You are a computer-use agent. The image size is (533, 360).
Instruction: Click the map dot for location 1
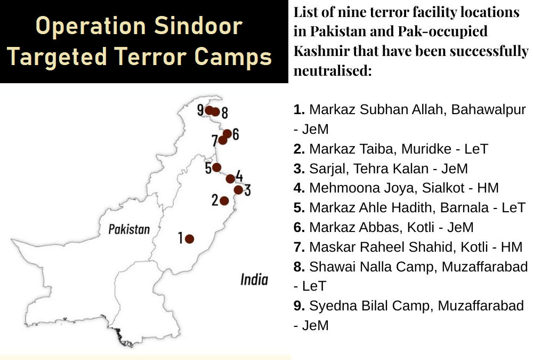pyautogui.click(x=190, y=239)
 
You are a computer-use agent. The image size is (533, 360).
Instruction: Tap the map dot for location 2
pyautogui.click(x=224, y=201)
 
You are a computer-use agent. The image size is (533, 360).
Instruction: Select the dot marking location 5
pyautogui.click(x=216, y=167)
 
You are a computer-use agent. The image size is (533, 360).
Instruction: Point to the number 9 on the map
pyautogui.click(x=200, y=110)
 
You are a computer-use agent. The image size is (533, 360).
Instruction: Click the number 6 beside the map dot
pyautogui.click(x=236, y=134)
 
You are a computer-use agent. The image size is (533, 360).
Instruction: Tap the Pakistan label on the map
pyautogui.click(x=129, y=229)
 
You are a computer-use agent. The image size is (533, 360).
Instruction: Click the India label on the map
pyautogui.click(x=254, y=279)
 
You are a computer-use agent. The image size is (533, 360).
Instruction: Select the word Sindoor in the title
pyautogui.click(x=198, y=26)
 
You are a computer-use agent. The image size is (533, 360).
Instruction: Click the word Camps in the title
pyautogui.click(x=233, y=57)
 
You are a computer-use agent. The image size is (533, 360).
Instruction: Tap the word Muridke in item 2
pyautogui.click(x=426, y=149)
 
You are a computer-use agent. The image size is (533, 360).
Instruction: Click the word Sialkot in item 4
pyautogui.click(x=443, y=188)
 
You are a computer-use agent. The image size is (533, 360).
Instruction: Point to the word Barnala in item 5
pyautogui.click(x=464, y=207)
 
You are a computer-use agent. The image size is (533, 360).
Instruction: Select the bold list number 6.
pyautogui.click(x=299, y=227)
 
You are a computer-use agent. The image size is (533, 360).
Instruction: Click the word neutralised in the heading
pyautogui.click(x=333, y=71)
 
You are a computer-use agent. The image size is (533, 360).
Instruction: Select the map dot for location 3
pyautogui.click(x=239, y=190)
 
